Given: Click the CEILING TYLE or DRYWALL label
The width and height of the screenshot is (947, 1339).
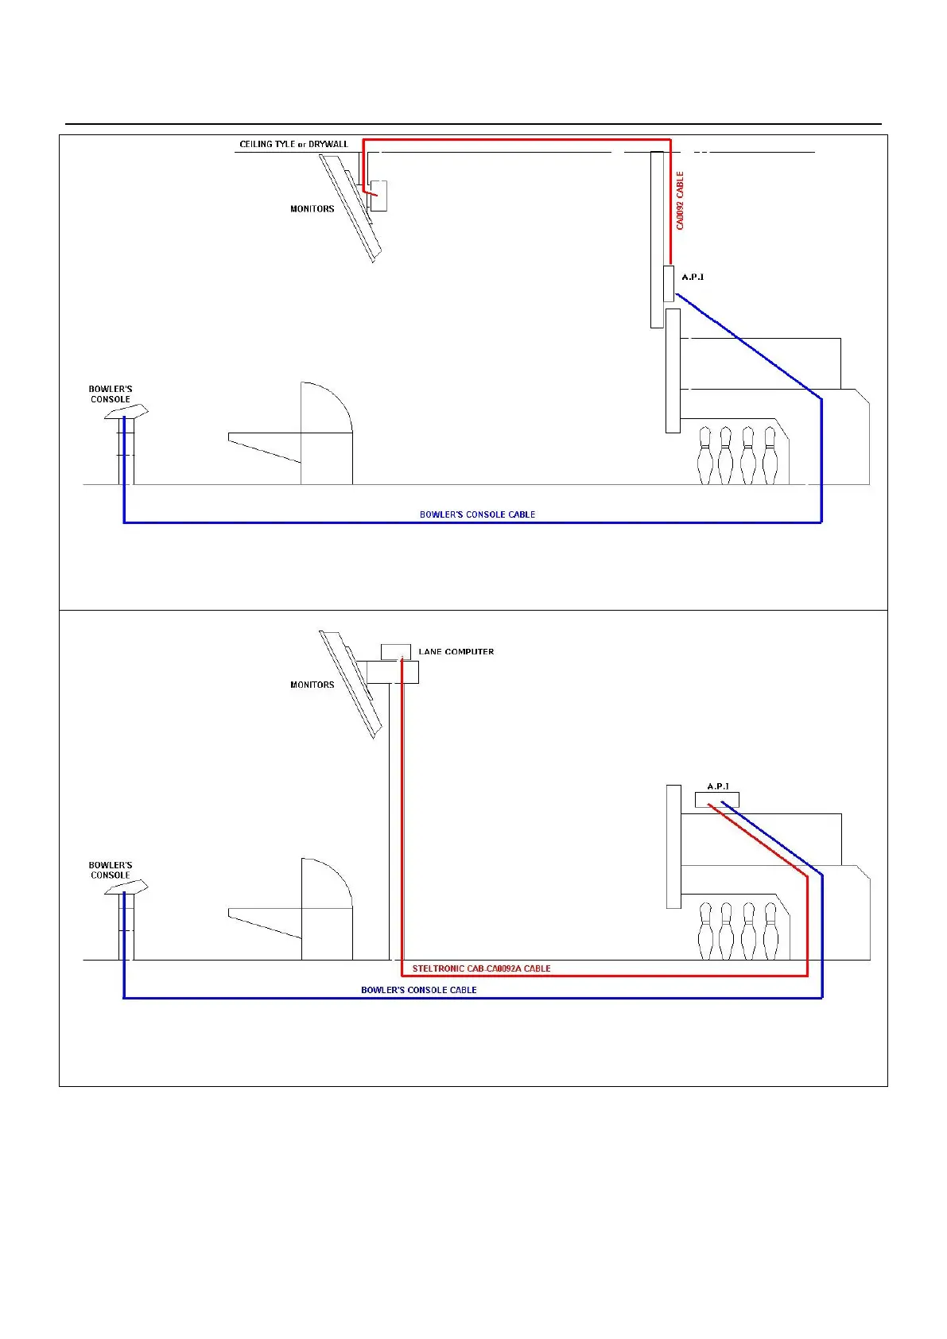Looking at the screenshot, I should [293, 144].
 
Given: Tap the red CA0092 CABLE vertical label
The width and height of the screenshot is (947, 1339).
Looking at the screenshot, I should [680, 200].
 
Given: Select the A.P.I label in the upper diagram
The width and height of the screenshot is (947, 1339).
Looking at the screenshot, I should [693, 277].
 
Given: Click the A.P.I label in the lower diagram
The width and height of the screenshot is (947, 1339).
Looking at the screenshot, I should [718, 786].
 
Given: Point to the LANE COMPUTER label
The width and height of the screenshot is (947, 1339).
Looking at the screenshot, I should [456, 651].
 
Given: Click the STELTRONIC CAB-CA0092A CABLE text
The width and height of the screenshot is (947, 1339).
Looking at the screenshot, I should [481, 968].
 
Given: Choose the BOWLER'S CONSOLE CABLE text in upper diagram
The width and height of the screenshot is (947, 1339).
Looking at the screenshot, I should [477, 514].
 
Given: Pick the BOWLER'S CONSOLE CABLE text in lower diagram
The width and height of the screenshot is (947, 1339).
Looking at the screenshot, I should [418, 990].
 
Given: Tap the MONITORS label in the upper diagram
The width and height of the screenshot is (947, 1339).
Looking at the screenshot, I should [312, 209].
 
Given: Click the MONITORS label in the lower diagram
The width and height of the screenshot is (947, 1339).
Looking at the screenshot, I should [312, 685].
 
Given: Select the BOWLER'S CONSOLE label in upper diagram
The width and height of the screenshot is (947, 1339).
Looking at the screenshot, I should [111, 394].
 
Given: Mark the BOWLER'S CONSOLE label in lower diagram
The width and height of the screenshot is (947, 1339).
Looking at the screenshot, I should [111, 870].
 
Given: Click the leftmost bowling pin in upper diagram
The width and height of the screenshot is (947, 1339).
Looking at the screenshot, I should [704, 456].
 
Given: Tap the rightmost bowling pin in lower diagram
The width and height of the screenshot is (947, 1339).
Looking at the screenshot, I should [770, 931].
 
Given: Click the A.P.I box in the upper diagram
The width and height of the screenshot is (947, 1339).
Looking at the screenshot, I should [669, 284].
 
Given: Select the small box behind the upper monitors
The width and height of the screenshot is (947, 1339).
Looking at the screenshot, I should [379, 196].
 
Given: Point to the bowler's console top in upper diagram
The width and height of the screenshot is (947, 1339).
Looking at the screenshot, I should [127, 412].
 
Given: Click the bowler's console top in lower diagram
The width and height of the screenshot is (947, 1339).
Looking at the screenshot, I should [127, 887].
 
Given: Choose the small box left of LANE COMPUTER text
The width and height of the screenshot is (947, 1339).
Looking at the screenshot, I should [395, 651].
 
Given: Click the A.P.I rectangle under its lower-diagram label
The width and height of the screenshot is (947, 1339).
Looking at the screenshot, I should [716, 800].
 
